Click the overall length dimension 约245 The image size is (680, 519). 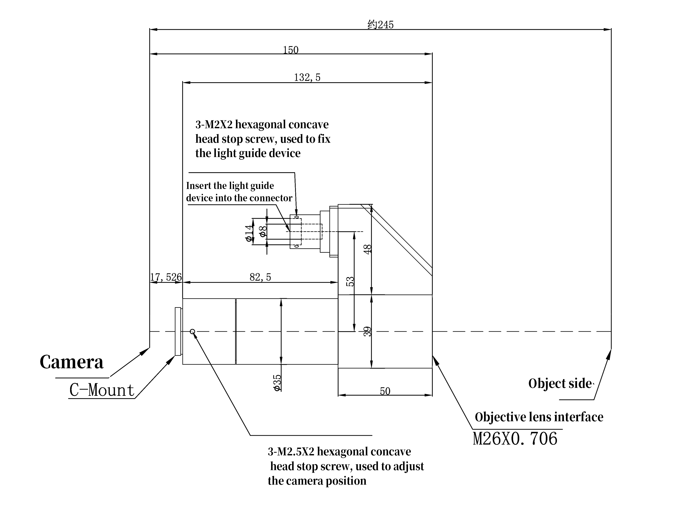pos(380,24)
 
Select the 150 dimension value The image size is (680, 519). pos(291,50)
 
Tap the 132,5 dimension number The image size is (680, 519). pos(307,77)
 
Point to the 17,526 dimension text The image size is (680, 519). pos(166,277)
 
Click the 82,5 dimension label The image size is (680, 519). pos(260,277)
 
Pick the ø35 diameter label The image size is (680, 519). pos(278,383)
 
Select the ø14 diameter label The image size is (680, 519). pos(248,233)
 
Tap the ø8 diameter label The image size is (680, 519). pos(263,231)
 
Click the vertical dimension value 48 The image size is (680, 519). pos(367,249)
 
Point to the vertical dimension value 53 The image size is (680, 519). pos(350,281)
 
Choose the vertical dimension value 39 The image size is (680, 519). pos(367,331)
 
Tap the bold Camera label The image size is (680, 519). pos(71,362)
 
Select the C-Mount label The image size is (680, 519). pos(102,390)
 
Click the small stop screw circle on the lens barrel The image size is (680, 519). pos(192,331)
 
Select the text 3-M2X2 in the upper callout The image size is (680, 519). pos(214,125)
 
